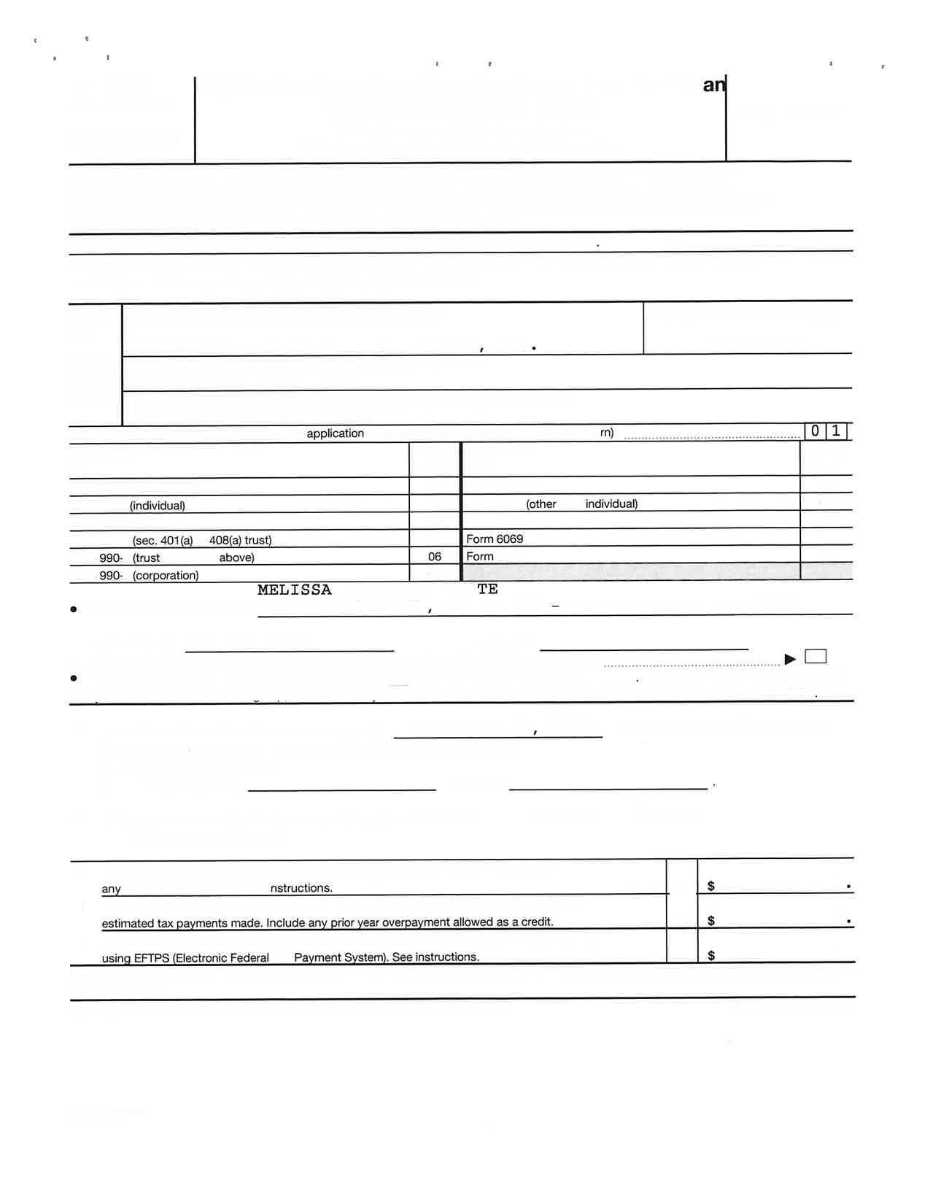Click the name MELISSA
[x=294, y=590]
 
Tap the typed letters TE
[x=487, y=589]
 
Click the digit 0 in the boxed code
[x=815, y=431]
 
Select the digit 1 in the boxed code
[x=836, y=431]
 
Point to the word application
[x=335, y=433]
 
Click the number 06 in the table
[x=435, y=557]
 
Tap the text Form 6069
[x=495, y=539]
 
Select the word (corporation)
[x=166, y=576]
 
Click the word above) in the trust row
[x=237, y=557]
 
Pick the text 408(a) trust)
[x=240, y=541]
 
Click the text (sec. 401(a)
[x=163, y=541]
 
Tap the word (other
[x=541, y=504]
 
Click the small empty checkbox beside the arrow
[x=815, y=657]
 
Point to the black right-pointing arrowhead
[x=790, y=660]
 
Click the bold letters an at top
[x=713, y=85]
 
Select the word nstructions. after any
[x=301, y=888]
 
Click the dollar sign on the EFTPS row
[x=711, y=956]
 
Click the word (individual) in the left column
[x=158, y=506]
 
